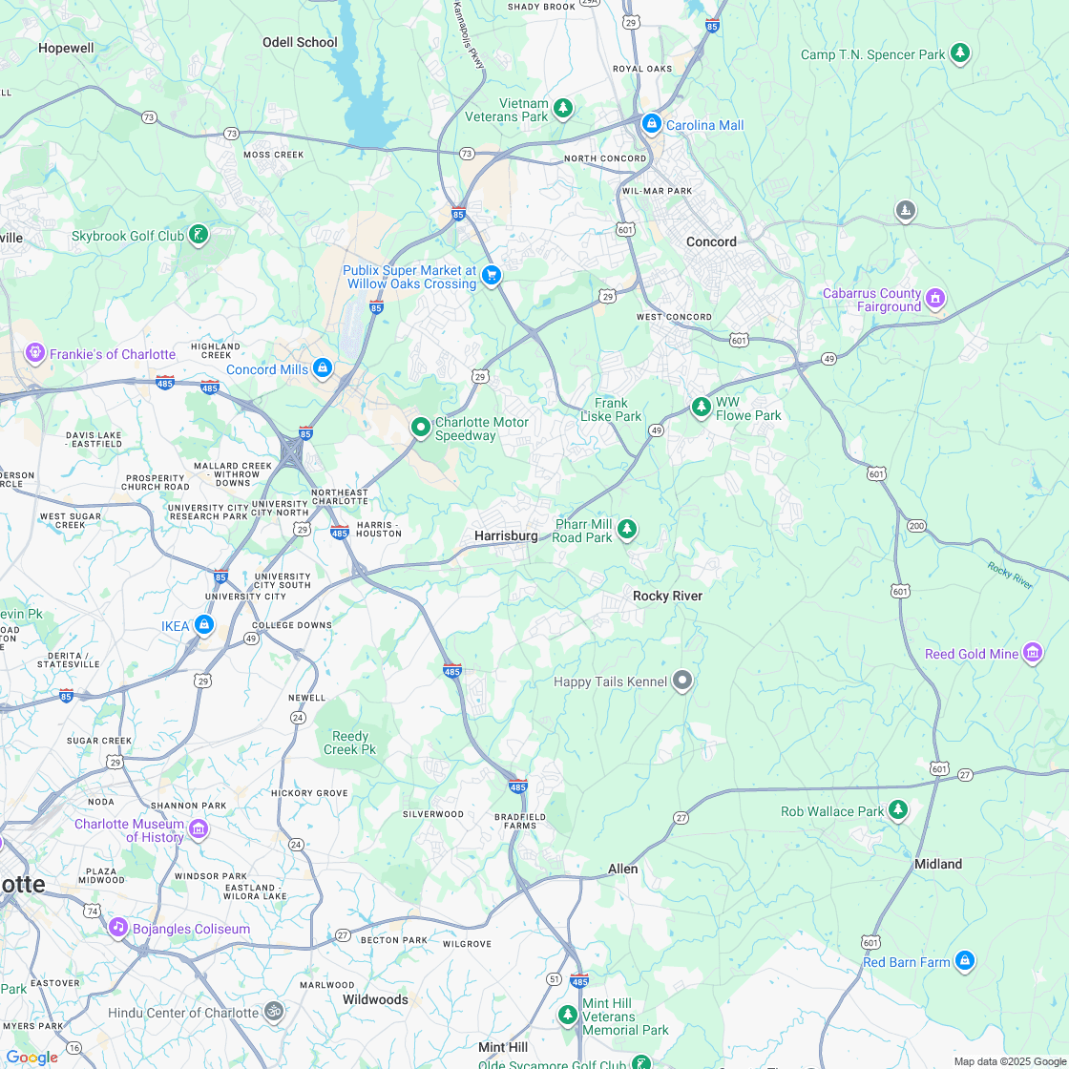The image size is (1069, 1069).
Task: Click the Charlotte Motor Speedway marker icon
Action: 420,428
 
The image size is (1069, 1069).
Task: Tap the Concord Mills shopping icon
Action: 323,367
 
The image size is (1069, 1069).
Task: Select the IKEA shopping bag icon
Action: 203,625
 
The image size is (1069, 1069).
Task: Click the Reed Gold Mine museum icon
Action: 1032,653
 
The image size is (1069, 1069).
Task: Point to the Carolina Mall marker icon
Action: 651,123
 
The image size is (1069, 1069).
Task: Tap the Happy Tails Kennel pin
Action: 681,681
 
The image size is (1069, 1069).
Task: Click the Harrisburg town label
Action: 506,535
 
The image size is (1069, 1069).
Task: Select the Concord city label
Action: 711,241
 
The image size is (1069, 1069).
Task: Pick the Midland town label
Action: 937,863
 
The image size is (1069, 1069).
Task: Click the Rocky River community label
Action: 667,596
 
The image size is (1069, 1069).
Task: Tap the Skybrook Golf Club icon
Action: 198,234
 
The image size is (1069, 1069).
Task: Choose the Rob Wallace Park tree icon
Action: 897,810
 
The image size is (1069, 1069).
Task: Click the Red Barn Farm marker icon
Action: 964,960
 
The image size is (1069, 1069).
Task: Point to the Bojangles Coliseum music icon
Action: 117,927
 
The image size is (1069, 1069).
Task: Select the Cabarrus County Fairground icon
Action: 935,298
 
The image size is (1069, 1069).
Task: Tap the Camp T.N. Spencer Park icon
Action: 960,53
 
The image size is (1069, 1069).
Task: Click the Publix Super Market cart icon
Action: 491,276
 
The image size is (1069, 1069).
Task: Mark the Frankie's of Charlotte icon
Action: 35,353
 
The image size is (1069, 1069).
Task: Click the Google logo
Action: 31,1057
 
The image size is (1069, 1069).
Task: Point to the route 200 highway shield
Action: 916,526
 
